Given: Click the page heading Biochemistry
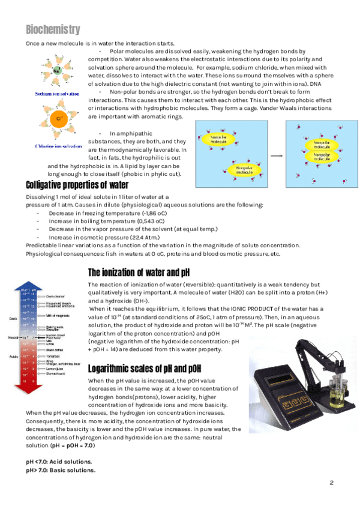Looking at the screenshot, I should tap(53, 29).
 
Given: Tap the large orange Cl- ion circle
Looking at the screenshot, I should tap(59, 119).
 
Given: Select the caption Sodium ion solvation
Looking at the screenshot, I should tap(58, 94).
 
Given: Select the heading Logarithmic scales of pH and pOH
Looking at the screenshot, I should tap(153, 368).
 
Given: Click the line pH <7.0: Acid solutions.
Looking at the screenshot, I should tap(59, 462).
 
